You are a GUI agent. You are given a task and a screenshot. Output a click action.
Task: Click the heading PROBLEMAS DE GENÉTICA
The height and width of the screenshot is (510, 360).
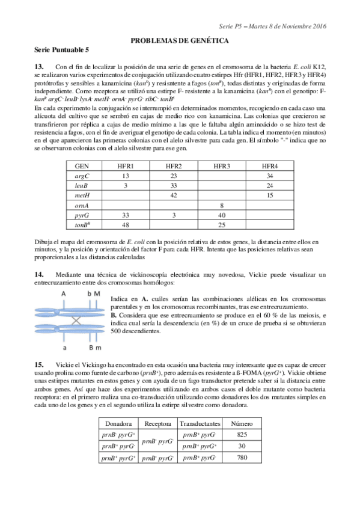pos(180,40)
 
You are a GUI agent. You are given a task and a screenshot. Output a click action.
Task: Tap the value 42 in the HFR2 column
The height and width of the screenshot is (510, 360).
pos(174,195)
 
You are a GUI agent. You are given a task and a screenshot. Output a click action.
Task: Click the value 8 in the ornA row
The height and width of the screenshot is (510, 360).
pos(222,206)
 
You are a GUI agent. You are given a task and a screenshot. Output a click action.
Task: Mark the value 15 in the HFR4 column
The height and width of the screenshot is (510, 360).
pos(270,195)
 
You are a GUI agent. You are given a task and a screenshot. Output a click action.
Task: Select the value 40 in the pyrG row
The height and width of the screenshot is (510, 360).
pos(222,215)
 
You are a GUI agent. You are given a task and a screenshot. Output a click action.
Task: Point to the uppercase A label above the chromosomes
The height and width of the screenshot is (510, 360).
pos(63,293)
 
